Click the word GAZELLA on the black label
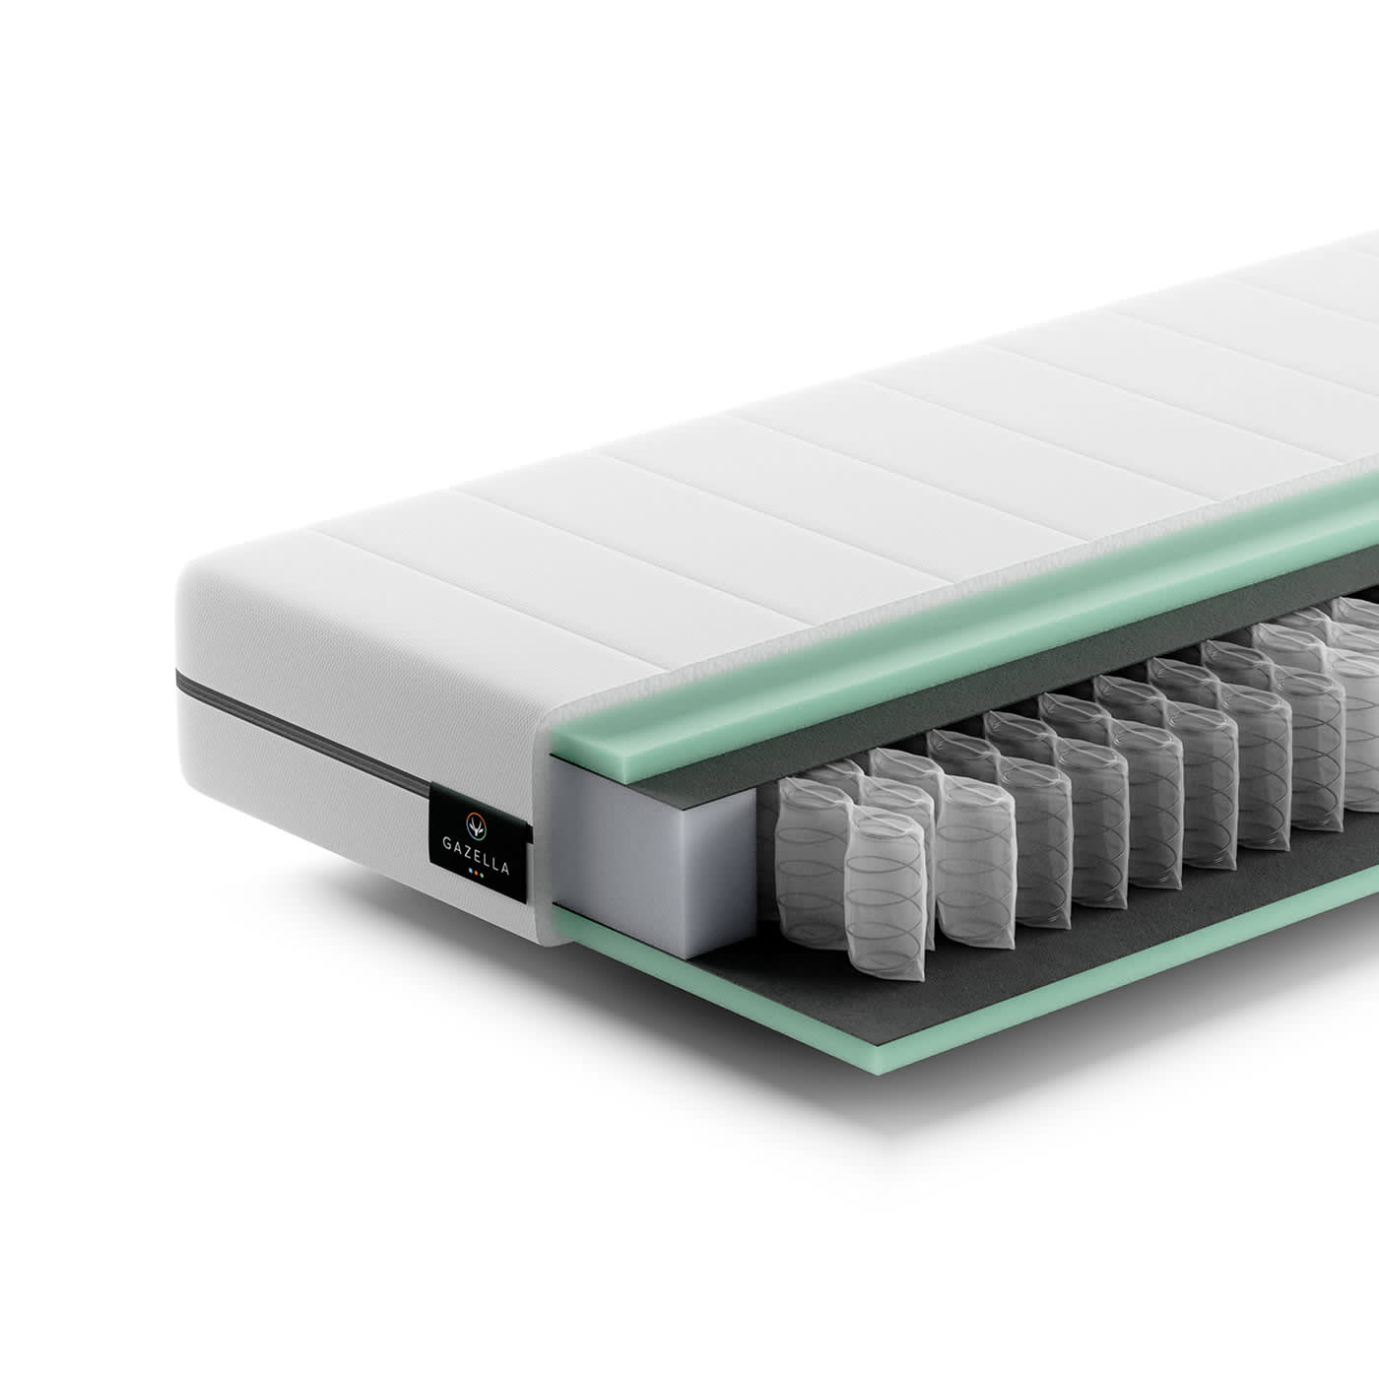476,856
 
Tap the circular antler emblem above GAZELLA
476,825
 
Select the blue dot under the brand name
470,872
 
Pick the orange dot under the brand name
476,873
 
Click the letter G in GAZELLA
446,844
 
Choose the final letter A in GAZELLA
505,868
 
